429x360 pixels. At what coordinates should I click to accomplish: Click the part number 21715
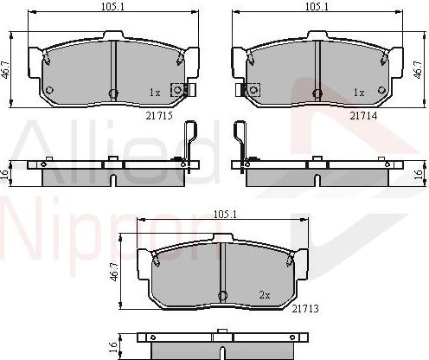click(159, 116)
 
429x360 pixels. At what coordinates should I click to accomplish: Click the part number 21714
click(363, 116)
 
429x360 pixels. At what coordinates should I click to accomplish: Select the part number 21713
click(305, 309)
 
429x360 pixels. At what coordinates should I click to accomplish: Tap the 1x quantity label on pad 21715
click(155, 93)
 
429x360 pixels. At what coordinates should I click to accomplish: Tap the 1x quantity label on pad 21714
click(359, 93)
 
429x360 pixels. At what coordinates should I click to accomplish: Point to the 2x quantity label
click(265, 295)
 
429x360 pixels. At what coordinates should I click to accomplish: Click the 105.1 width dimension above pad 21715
click(112, 7)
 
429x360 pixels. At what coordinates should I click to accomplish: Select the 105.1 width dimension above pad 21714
click(317, 7)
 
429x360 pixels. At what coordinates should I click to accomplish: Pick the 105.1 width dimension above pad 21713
click(225, 214)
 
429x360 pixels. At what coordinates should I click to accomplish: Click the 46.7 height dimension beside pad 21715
click(5, 69)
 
